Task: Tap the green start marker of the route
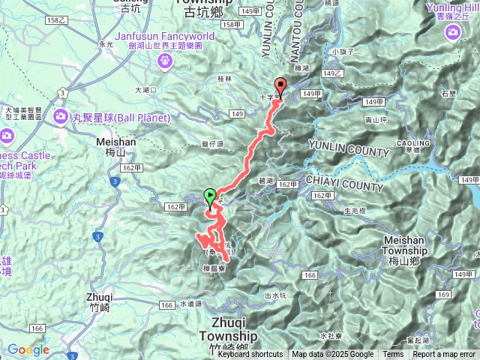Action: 209,196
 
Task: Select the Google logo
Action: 28,349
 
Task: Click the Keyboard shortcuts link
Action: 250,355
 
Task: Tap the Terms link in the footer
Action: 393,355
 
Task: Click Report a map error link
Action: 445,355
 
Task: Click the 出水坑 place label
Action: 275,296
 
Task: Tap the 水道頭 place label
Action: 191,304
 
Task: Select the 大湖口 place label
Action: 145,90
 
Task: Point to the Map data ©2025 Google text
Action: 333,355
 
